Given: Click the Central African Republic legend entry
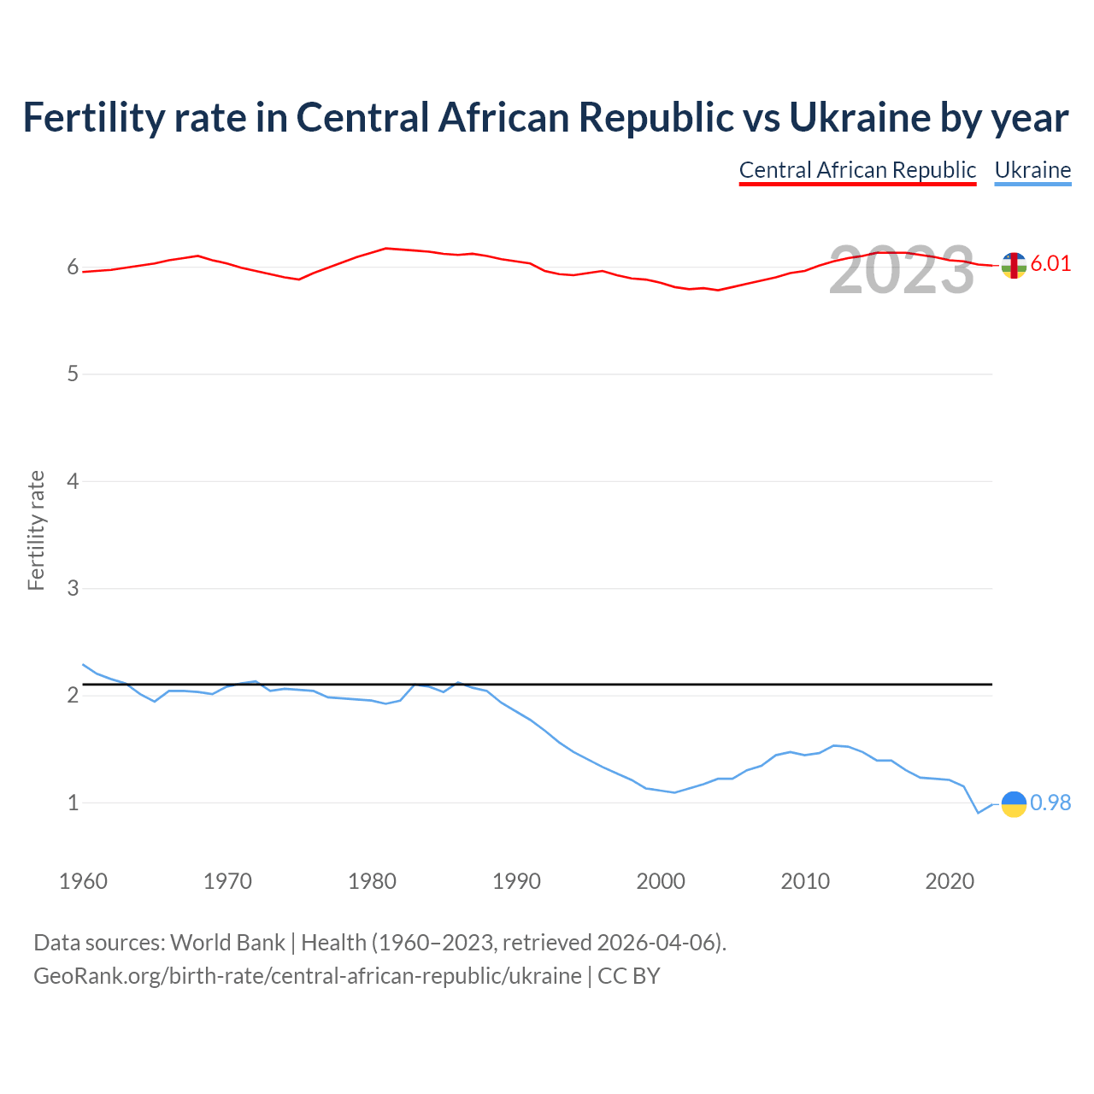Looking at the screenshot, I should click(x=857, y=170).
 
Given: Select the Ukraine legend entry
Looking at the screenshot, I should click(x=1032, y=170).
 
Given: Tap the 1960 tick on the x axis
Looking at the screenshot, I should click(x=83, y=881).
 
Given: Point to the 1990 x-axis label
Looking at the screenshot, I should click(x=516, y=881).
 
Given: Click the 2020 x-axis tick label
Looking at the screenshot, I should click(x=950, y=881).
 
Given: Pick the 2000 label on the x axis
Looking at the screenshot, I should click(x=661, y=881).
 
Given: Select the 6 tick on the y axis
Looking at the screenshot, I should click(x=73, y=268).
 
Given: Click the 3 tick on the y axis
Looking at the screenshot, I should click(x=73, y=589).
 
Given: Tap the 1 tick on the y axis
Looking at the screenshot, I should click(x=73, y=803).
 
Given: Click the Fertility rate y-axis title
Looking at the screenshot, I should click(x=36, y=530).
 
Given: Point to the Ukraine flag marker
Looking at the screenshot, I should click(x=1014, y=803).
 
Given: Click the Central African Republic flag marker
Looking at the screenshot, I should click(x=1014, y=265).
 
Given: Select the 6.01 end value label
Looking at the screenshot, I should click(x=1050, y=263).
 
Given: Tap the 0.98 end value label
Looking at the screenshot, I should click(x=1050, y=803).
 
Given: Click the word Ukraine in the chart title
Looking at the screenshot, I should click(x=859, y=117).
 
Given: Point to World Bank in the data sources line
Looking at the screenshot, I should click(x=227, y=943).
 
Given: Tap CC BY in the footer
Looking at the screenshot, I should click(x=628, y=976).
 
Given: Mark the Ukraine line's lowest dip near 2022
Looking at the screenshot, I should click(x=979, y=813).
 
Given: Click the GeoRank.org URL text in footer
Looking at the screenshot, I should click(x=307, y=976).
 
